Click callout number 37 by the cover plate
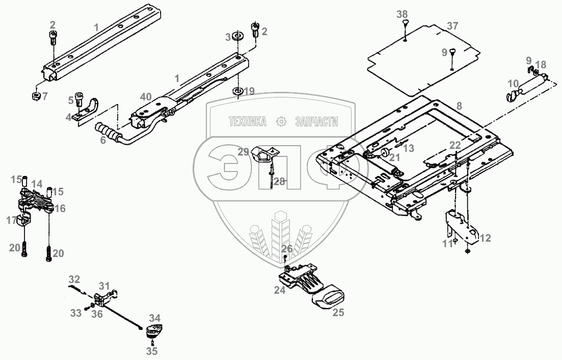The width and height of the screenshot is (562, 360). (452, 25)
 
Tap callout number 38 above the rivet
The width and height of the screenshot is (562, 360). (403, 14)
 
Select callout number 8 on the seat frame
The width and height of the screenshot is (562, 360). (460, 106)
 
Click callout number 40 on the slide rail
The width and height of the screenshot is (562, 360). (146, 96)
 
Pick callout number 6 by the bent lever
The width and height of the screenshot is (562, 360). (103, 140)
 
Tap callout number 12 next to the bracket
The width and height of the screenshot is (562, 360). (485, 238)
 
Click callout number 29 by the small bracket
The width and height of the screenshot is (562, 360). (244, 151)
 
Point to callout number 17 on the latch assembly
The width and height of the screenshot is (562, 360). (11, 220)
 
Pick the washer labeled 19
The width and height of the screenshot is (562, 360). (237, 92)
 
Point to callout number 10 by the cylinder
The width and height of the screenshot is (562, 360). (513, 83)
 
